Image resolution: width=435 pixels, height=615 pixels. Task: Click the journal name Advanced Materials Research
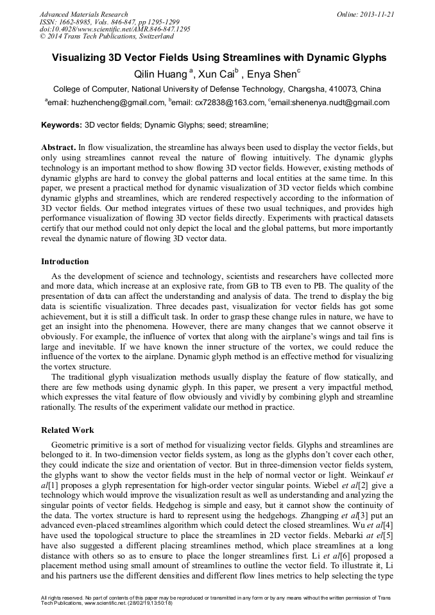[x=84, y=14]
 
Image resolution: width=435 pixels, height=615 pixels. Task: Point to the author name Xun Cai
[x=216, y=74]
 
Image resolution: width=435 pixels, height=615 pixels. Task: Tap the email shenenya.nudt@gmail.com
[x=338, y=103]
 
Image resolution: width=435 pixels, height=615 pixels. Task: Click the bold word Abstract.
[x=58, y=147]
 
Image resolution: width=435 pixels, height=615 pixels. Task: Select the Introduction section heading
[x=65, y=261]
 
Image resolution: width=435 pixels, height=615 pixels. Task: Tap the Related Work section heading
[x=67, y=430]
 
